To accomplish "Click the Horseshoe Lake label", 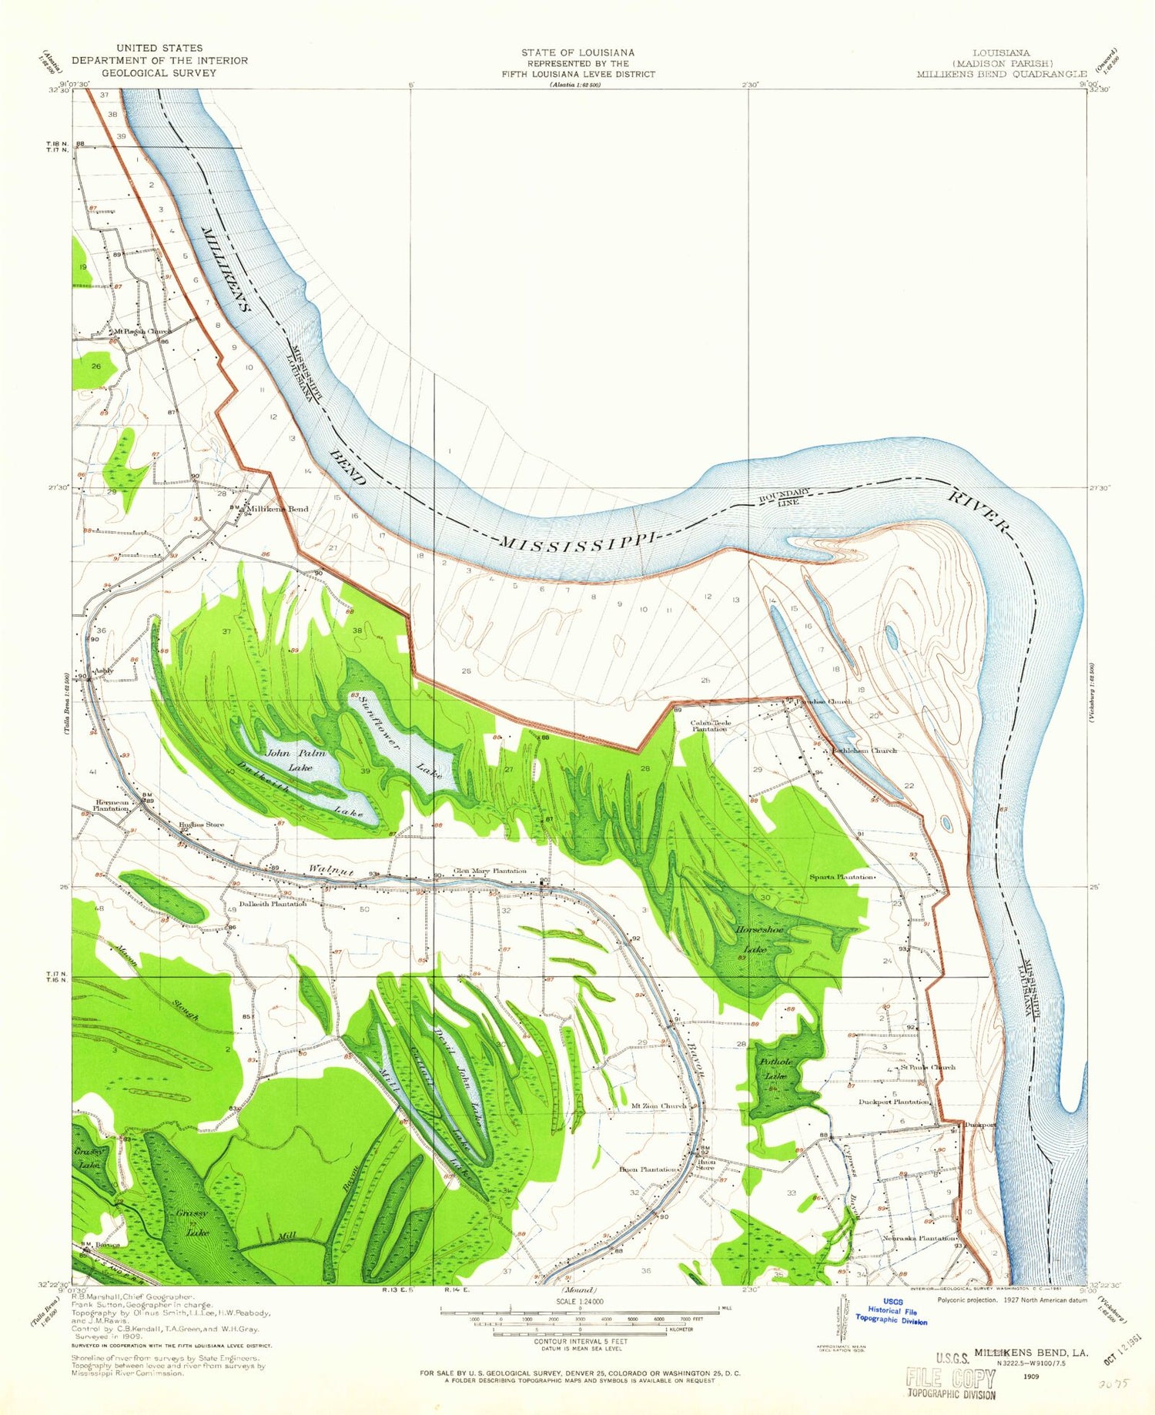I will [762, 940].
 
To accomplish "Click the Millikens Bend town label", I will [276, 509].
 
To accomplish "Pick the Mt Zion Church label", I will [658, 1106].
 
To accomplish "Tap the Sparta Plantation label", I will [842, 877].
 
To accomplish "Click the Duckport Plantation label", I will [893, 1102].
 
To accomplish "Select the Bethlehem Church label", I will [862, 751].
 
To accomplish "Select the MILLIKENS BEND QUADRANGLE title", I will [1001, 74].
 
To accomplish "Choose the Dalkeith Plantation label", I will [273, 904].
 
